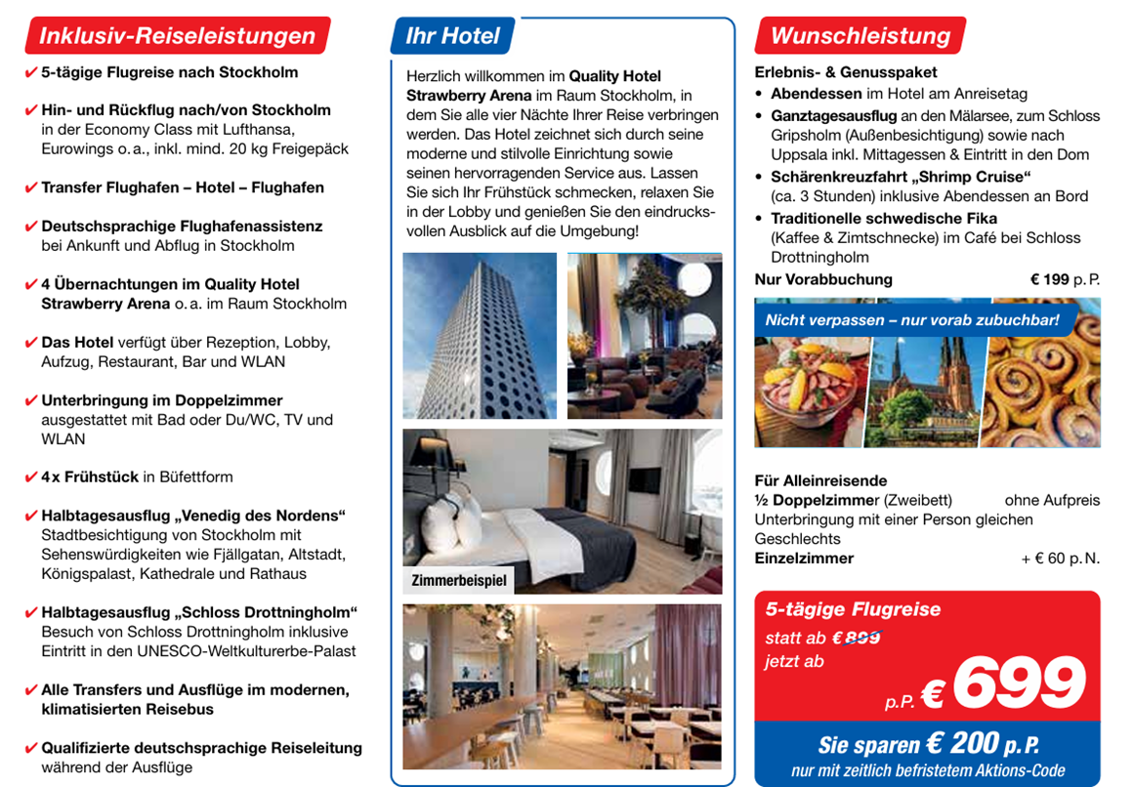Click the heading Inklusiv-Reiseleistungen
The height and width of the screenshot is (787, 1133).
click(177, 36)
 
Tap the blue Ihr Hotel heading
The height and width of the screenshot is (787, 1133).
click(452, 36)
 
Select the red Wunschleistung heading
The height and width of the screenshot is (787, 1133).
click(860, 36)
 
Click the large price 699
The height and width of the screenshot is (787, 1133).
click(1018, 684)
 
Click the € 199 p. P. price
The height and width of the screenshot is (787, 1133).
click(1065, 279)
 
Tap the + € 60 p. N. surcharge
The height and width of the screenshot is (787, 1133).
click(1060, 559)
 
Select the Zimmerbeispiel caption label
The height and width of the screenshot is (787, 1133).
click(459, 581)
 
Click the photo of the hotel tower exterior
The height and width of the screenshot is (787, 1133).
click(479, 335)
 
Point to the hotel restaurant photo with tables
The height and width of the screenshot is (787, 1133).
click(562, 686)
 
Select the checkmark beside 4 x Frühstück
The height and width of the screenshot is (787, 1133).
click(31, 477)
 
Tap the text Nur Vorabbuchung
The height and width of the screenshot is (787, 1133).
click(823, 279)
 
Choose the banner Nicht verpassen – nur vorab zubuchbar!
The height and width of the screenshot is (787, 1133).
click(911, 320)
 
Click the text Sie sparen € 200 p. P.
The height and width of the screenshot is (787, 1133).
click(928, 744)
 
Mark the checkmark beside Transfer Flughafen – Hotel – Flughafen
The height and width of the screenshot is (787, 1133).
click(31, 187)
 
